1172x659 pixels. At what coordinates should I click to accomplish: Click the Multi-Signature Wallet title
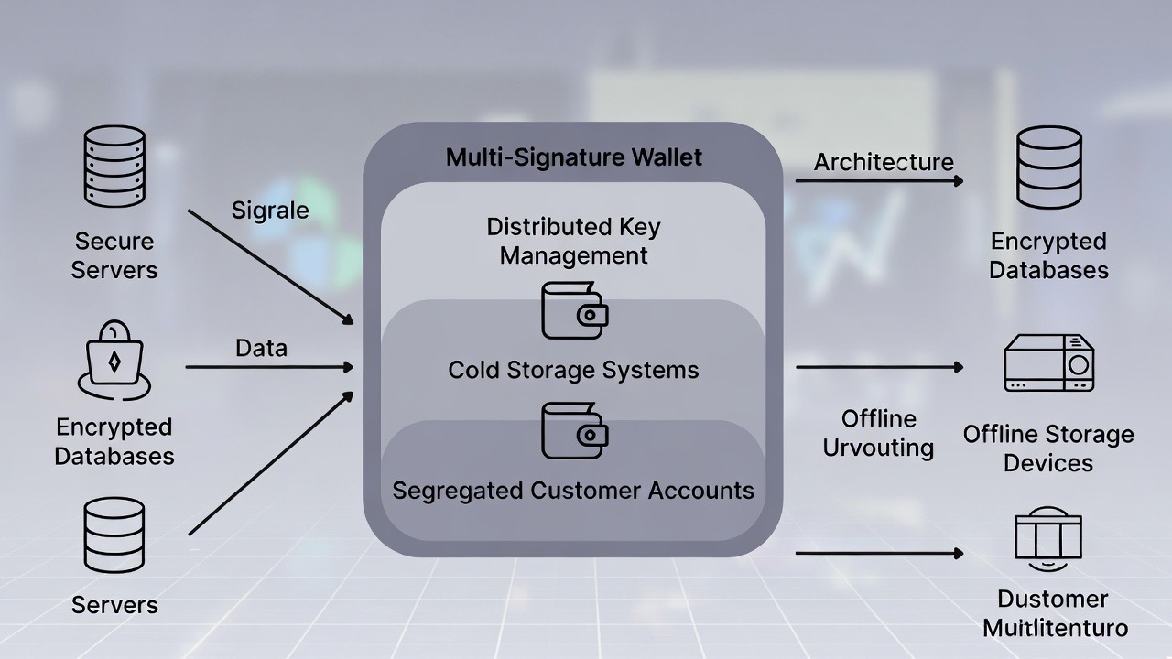(x=574, y=157)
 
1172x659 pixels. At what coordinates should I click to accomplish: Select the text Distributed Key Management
(x=574, y=241)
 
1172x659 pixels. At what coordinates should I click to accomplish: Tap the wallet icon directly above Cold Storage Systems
(x=575, y=310)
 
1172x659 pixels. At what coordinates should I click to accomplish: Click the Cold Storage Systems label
(x=574, y=370)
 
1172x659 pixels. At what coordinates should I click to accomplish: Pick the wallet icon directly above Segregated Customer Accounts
(x=575, y=430)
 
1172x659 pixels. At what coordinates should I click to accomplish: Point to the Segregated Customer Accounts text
(x=574, y=491)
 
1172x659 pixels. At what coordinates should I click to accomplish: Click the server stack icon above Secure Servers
(x=114, y=167)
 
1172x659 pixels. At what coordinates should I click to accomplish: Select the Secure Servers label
(x=114, y=255)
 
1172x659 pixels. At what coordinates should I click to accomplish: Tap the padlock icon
(x=114, y=359)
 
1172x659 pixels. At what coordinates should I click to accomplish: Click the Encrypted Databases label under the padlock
(x=114, y=441)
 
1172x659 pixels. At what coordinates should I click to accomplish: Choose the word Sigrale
(x=270, y=210)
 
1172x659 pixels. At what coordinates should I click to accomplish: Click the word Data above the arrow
(x=261, y=348)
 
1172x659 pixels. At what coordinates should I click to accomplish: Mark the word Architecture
(x=884, y=162)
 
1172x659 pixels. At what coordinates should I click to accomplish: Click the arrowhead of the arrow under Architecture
(x=959, y=181)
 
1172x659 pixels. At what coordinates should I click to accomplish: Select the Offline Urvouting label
(x=878, y=433)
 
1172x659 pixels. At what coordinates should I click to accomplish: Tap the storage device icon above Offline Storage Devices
(x=1049, y=363)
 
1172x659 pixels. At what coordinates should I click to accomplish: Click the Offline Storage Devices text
(x=1048, y=448)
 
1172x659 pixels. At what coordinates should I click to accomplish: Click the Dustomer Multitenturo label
(x=1054, y=613)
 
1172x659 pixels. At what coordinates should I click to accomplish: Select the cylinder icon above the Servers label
(x=114, y=535)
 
